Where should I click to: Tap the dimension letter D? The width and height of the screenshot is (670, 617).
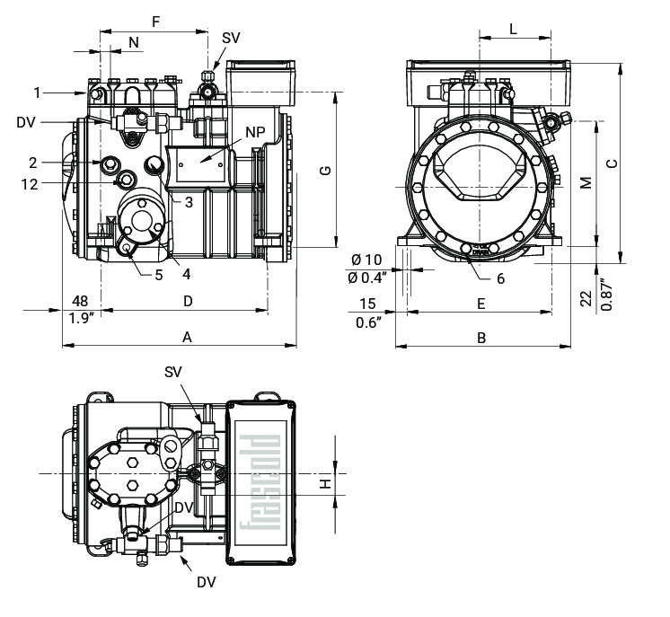click(x=187, y=301)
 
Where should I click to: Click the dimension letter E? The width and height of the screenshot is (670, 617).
click(x=481, y=304)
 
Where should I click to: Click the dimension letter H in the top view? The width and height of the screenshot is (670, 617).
click(x=327, y=483)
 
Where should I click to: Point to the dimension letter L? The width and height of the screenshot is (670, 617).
click(x=513, y=28)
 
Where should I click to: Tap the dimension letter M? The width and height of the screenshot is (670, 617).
click(x=586, y=182)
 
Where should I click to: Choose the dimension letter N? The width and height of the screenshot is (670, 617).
click(x=134, y=42)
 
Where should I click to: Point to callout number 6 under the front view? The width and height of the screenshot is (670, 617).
click(x=500, y=278)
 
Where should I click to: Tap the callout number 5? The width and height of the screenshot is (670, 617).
click(x=158, y=275)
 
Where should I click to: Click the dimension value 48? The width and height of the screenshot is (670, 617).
click(x=80, y=301)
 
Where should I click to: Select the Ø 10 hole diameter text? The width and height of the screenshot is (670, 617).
click(x=368, y=260)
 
